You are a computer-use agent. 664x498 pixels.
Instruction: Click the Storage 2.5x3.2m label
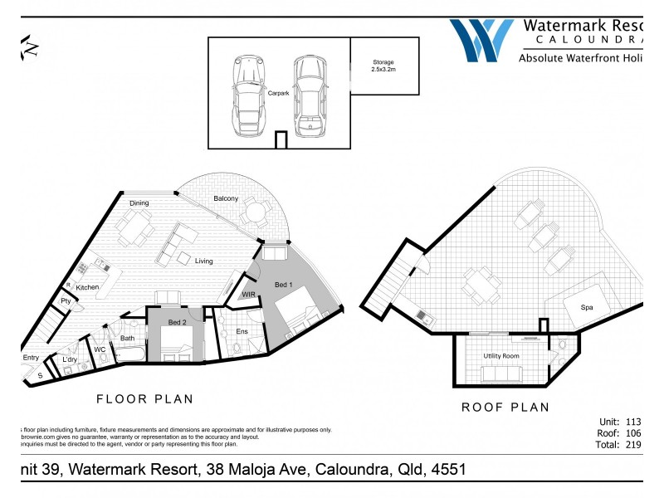point(383,66)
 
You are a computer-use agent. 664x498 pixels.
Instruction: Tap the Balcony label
point(225,198)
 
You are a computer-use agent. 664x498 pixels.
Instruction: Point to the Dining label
point(139,203)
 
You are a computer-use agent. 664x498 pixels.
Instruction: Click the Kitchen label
point(88,287)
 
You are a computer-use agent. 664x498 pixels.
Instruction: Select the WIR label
point(248,294)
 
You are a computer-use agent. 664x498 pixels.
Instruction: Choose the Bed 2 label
point(177,322)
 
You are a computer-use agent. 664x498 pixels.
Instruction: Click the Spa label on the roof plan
point(587,307)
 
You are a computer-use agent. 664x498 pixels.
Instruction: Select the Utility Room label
point(500,355)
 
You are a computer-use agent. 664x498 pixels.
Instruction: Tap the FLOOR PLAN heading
point(145,399)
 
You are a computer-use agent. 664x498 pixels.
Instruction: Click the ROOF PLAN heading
point(505,407)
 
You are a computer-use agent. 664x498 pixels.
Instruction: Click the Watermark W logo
point(481,39)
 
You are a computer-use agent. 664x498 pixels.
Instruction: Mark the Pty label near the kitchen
point(66,301)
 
